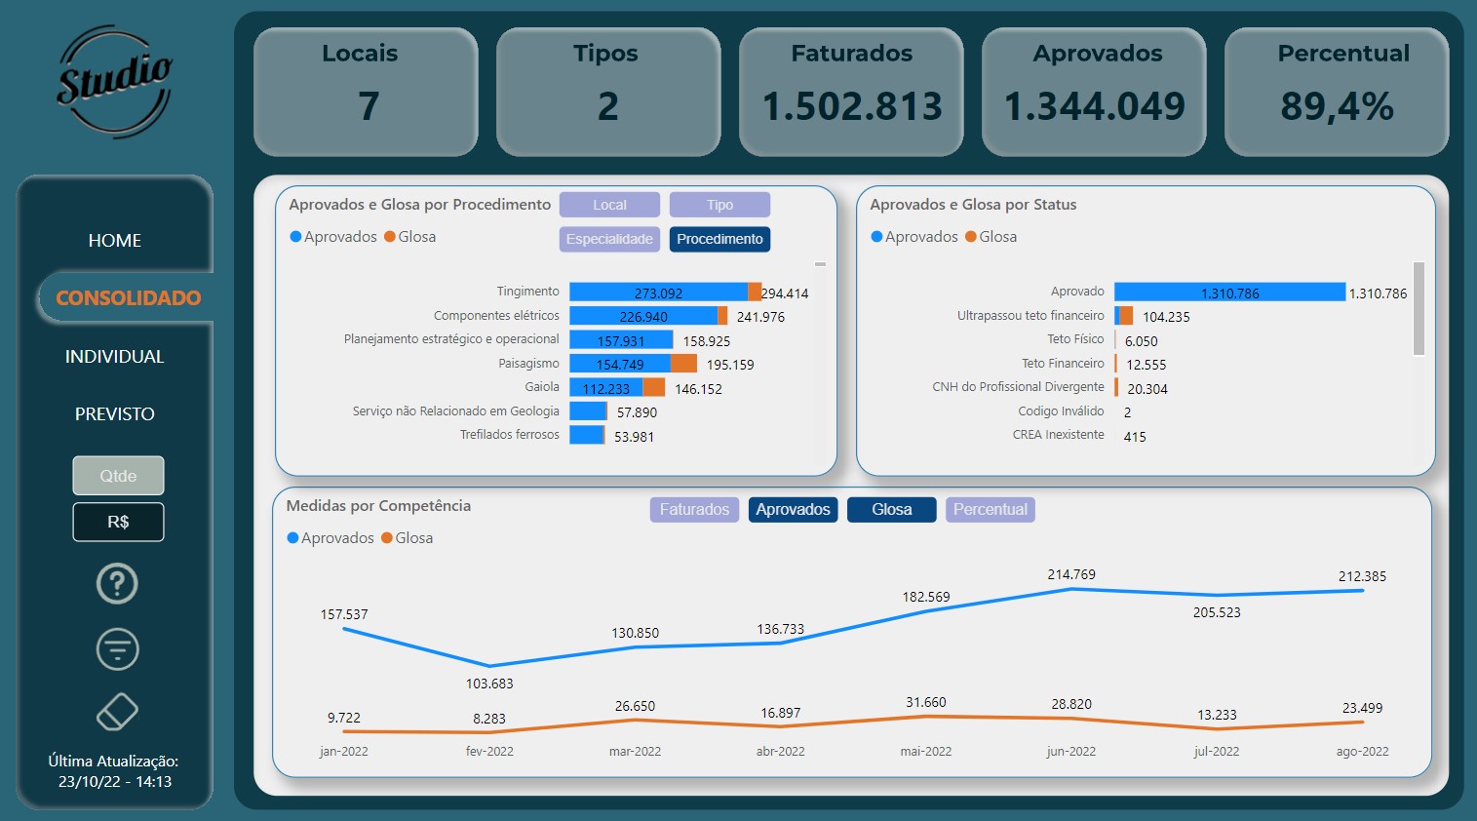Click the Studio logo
114,82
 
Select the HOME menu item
115,241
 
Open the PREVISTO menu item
115,414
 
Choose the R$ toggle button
118,522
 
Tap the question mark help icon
117,584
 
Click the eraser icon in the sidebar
117,712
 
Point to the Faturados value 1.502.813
852,106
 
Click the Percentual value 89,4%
1337,106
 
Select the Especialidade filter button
609,239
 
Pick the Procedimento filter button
719,239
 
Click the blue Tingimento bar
658,292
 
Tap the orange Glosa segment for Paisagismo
684,364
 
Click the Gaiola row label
542,387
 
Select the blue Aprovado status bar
1229,292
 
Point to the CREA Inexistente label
1058,435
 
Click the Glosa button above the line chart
891,509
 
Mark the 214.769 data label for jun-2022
1071,574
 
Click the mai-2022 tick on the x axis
925,752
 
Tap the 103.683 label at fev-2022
489,684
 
